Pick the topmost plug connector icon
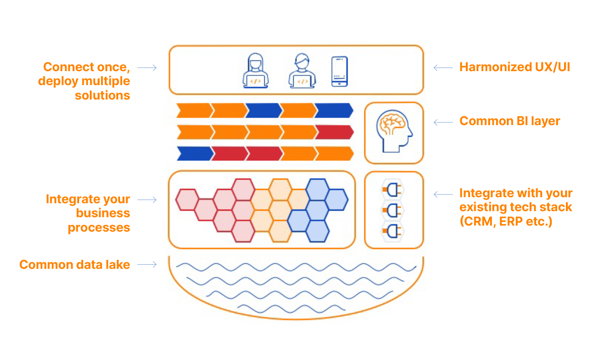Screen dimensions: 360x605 [392, 189]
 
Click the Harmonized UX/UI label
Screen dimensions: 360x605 [514, 67]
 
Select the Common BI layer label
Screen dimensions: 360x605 [510, 121]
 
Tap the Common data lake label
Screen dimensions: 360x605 [74, 265]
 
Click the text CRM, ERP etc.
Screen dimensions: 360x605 [506, 221]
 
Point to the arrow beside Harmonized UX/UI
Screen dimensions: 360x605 [443, 67]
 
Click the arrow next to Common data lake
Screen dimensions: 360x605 [147, 265]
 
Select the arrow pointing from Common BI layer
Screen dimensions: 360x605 [443, 122]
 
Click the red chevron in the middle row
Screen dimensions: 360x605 [333, 132]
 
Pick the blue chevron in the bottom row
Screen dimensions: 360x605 [194, 153]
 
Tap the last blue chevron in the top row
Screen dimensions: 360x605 [333, 111]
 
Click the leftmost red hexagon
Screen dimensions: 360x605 [187, 200]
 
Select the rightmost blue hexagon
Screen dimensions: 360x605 [336, 200]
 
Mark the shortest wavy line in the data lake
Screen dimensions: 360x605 [291, 308]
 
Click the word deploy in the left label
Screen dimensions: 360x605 [58, 81]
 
